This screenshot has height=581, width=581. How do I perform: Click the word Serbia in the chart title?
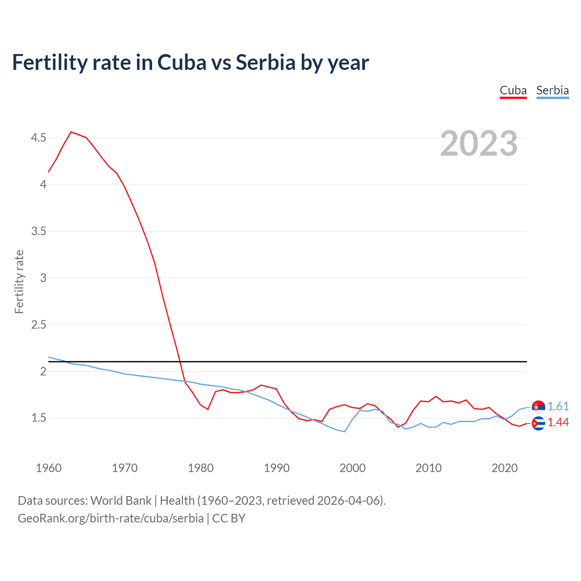point(266,62)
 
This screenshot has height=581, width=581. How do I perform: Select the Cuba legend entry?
point(513,90)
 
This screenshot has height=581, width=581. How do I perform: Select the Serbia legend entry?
point(552,90)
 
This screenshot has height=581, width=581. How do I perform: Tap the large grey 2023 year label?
point(478,143)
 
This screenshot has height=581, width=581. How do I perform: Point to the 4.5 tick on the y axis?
point(39,138)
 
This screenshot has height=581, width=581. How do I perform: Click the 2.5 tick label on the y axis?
point(39,325)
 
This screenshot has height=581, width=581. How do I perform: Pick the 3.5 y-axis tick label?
point(39,231)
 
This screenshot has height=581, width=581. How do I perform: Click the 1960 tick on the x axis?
point(49,468)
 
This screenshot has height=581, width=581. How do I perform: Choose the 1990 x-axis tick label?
point(276,468)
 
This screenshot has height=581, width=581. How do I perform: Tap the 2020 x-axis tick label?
point(504,468)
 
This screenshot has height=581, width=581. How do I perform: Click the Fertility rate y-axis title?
point(19,281)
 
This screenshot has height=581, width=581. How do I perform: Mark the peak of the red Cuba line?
point(71,132)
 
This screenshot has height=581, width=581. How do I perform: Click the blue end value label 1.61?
point(558,406)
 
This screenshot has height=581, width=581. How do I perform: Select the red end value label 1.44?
point(558,423)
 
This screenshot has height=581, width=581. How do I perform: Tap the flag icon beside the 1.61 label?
point(538,407)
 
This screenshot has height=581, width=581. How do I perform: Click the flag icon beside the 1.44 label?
point(538,423)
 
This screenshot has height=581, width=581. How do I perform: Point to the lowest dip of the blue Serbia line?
point(345,431)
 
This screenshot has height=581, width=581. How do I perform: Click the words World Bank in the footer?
point(121,501)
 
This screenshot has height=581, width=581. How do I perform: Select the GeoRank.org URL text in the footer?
point(111,518)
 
